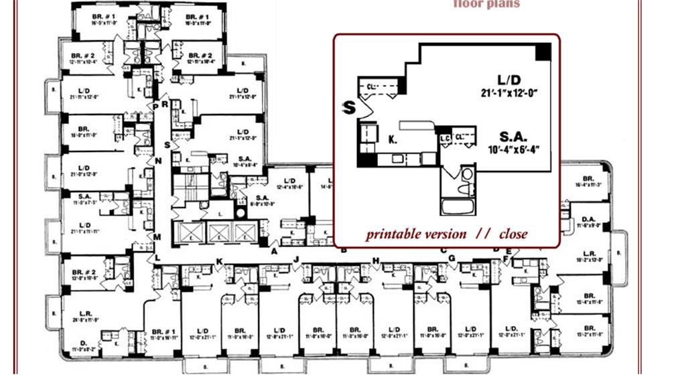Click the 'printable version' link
click(415, 234)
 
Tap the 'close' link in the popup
click(512, 234)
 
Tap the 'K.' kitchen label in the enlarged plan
click(393, 140)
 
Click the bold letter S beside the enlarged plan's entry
click(348, 108)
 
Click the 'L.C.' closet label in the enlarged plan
click(444, 138)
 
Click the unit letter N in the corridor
click(158, 161)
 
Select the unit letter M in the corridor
click(157, 236)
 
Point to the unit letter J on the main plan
click(295, 258)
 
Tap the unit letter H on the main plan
click(376, 260)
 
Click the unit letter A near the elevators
click(274, 251)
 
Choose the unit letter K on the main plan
click(218, 260)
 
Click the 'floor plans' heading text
click(486, 4)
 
